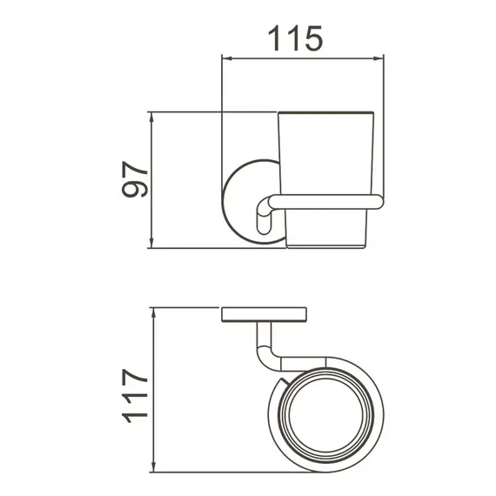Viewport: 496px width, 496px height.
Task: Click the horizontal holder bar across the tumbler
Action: pyautogui.click(x=326, y=203)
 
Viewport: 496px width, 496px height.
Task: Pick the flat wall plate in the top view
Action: pyautogui.click(x=265, y=314)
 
